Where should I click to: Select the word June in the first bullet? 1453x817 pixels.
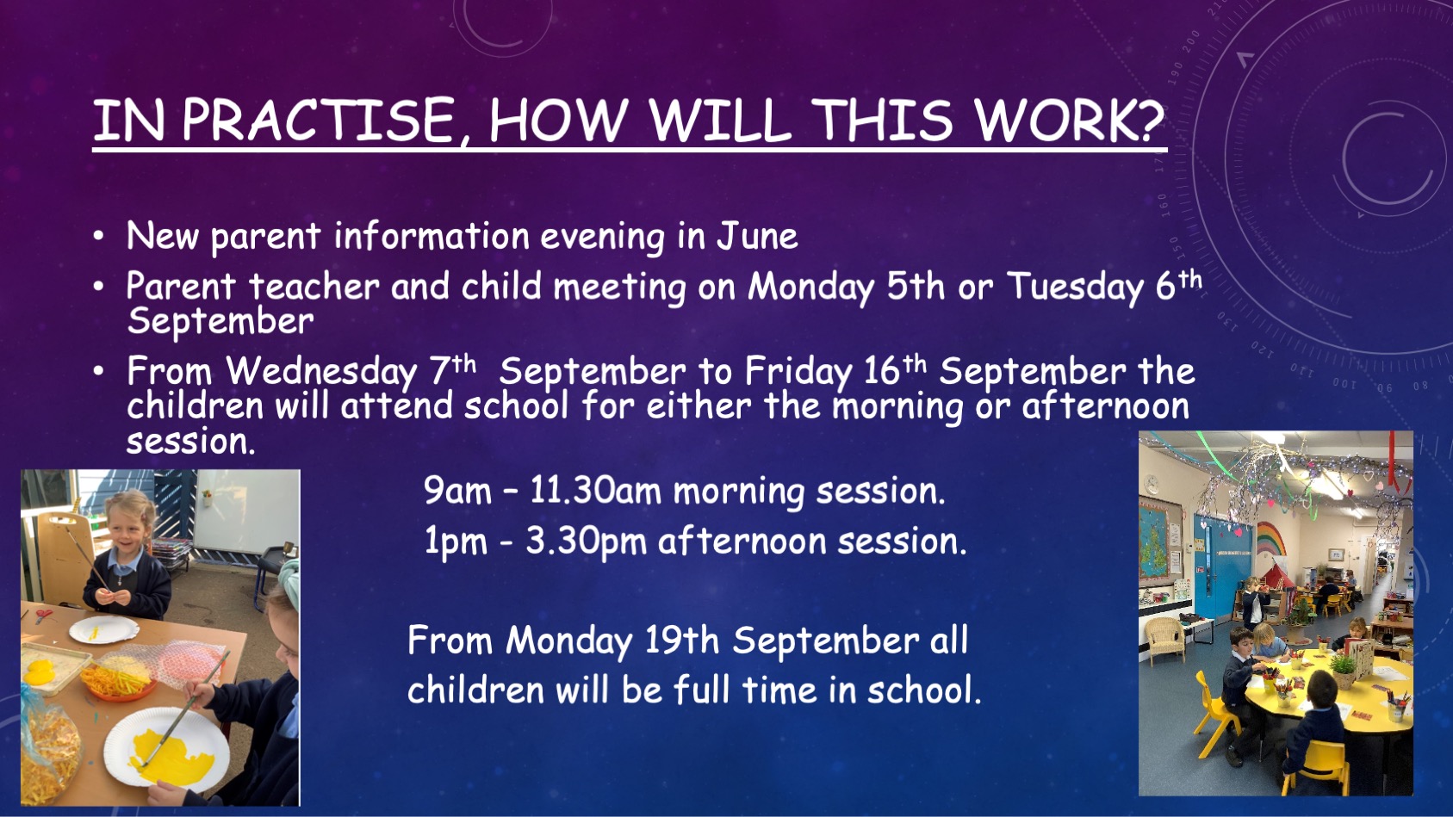[757, 235]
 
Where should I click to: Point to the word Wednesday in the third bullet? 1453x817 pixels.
[320, 372]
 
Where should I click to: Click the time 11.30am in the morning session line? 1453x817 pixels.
[595, 491]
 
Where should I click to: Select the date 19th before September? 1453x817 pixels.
[682, 641]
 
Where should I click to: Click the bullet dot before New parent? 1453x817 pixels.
[98, 237]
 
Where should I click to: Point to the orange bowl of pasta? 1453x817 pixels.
[117, 684]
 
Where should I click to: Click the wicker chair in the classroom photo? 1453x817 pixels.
[1165, 640]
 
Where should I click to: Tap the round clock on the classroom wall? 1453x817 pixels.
[1151, 485]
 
